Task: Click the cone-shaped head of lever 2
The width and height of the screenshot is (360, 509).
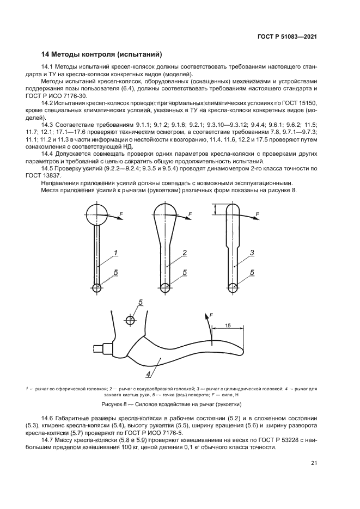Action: pos(167,212)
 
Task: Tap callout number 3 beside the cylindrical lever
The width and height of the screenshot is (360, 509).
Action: pos(252,253)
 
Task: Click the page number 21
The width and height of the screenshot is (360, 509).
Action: pos(314,463)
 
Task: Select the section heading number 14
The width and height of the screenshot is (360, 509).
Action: pos(46,54)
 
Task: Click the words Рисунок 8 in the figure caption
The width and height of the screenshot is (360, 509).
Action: pos(115,404)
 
